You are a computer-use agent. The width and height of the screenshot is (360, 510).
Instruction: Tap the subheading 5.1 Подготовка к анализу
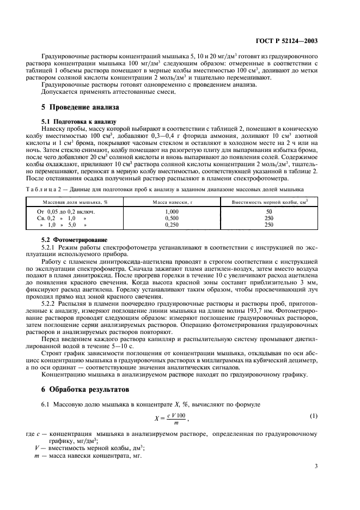[79, 121]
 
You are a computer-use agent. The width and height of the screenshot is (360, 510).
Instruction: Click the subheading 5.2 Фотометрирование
[75, 240]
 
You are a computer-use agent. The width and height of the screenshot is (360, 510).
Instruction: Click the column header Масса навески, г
[172, 202]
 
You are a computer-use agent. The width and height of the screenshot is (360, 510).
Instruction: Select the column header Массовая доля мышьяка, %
[69, 202]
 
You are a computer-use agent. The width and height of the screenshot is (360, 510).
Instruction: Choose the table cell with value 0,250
[172, 223]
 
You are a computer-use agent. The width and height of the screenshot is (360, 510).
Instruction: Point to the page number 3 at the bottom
[315, 466]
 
